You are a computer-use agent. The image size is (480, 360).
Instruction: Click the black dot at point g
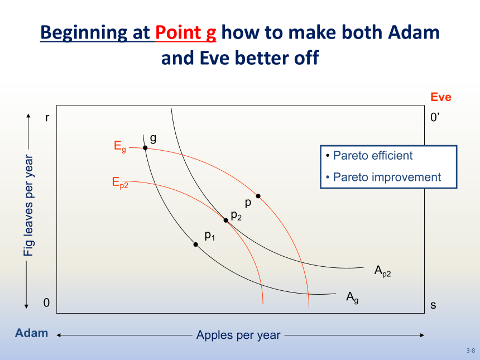coord(146,148)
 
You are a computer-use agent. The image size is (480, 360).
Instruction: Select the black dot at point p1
coord(195,244)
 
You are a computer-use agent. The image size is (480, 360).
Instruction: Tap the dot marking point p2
coord(226,220)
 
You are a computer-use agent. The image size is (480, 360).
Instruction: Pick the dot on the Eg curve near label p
coord(258,196)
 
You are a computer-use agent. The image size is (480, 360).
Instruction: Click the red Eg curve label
coord(119,146)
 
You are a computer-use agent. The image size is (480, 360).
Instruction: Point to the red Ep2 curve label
coord(120,183)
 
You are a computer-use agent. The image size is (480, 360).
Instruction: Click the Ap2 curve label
coord(383,271)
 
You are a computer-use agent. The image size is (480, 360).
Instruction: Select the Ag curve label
coord(352,297)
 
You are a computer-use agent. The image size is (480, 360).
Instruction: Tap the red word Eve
coord(441,97)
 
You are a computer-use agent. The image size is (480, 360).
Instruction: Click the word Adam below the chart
coord(31,333)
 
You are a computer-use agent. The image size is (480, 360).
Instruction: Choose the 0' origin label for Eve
coord(435,117)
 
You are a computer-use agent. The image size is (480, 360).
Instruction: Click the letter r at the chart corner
coord(47,118)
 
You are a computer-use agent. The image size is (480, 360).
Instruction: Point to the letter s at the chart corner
coord(433,305)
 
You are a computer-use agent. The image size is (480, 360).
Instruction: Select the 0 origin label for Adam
coord(46,303)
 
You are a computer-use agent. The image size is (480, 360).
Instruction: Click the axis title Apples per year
coord(238,335)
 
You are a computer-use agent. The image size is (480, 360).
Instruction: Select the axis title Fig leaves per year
coord(28,205)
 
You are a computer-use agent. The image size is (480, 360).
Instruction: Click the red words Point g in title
coord(185,32)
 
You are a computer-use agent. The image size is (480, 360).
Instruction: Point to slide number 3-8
coord(471,351)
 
